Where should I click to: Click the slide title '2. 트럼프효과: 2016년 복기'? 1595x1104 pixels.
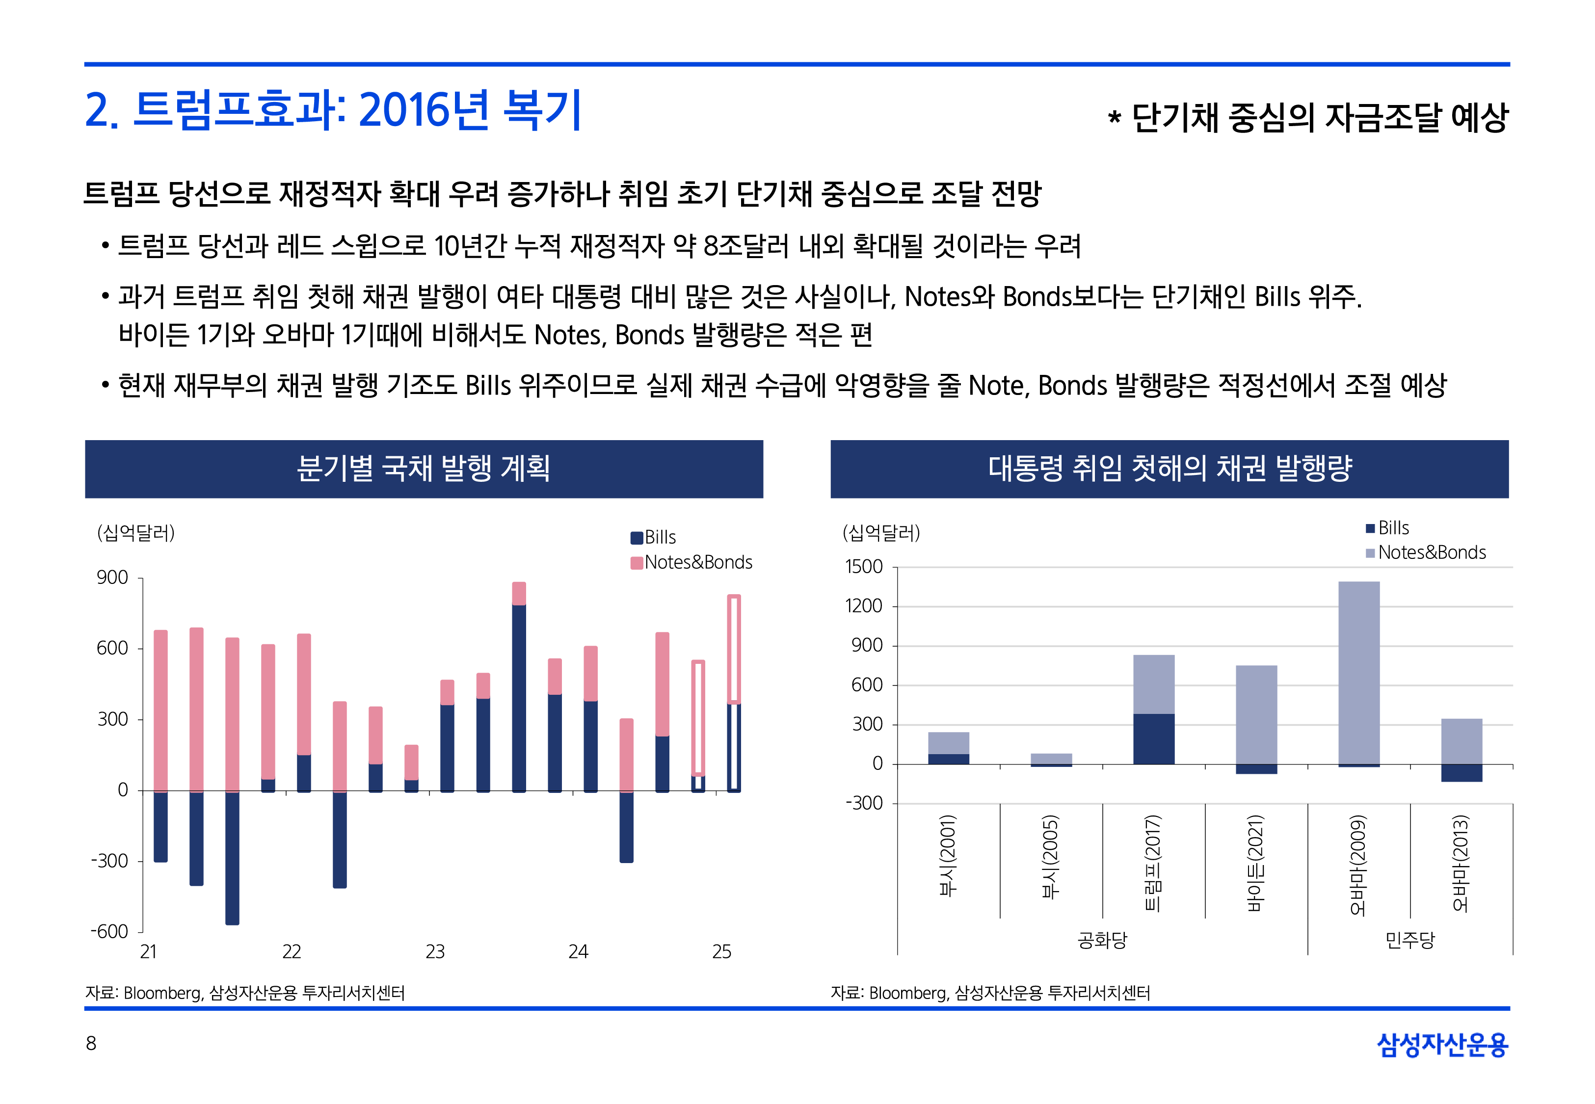coord(333,111)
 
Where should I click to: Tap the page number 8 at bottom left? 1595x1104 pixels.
coord(91,1043)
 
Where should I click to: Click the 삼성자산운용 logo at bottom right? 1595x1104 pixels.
coord(1442,1045)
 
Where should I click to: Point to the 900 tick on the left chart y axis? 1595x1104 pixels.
coord(113,578)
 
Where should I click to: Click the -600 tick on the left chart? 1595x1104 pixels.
coord(109,932)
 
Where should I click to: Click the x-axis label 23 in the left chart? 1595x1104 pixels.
coord(435,952)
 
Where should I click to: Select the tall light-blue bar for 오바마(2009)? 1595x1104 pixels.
coord(1358,671)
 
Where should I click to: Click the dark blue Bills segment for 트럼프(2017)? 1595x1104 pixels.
coord(1154,739)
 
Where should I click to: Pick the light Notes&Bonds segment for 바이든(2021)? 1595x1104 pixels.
coord(1256,714)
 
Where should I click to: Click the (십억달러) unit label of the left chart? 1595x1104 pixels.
coord(136,533)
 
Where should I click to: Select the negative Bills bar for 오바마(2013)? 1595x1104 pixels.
coord(1462,773)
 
